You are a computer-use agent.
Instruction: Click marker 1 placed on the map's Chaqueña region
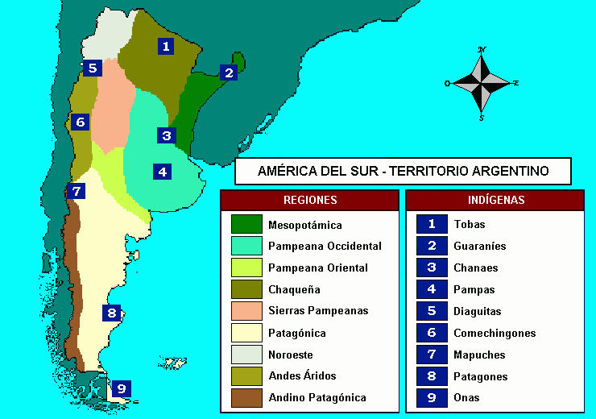tap(166, 47)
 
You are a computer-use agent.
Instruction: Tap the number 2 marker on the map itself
tap(230, 73)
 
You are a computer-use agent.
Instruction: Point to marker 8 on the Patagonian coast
tap(112, 313)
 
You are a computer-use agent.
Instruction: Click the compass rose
tap(482, 83)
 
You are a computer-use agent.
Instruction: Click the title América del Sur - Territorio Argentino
tap(403, 171)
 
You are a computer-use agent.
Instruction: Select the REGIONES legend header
tap(310, 200)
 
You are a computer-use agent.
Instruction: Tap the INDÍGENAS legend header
tap(495, 200)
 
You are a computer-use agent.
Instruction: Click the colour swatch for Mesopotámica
tap(246, 225)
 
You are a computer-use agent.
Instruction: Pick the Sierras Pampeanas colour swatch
tap(246, 311)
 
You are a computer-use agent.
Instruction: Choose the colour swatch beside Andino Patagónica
tap(246, 397)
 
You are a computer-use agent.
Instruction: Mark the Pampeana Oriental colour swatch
tap(246, 268)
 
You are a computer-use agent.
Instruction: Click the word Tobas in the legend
tap(470, 225)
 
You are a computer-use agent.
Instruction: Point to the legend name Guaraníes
tap(480, 247)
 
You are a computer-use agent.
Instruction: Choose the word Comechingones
tap(495, 333)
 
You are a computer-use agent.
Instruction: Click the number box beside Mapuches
tap(432, 355)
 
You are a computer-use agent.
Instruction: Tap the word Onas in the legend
tap(466, 397)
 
